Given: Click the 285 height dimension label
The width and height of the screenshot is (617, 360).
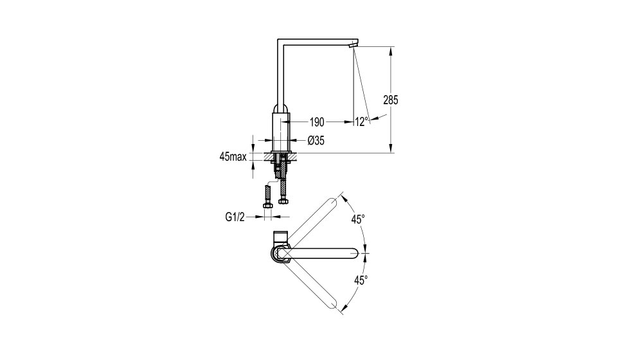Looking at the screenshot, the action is click(391, 100).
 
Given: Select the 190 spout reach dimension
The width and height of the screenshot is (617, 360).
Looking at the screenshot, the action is click(317, 122).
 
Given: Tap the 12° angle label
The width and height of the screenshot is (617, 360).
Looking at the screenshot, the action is click(362, 122).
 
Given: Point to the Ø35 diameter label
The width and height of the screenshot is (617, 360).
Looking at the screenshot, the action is click(316, 140).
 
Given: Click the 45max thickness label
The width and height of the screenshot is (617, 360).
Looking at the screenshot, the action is click(233, 157).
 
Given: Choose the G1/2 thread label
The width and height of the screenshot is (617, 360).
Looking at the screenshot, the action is click(235, 217).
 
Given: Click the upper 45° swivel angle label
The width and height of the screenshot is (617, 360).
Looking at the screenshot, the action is click(359, 219).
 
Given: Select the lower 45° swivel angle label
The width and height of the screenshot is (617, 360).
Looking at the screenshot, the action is click(361, 280).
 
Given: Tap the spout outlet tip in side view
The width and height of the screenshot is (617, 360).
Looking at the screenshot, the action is click(353, 46).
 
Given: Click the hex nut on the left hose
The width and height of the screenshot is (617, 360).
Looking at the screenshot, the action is click(267, 206).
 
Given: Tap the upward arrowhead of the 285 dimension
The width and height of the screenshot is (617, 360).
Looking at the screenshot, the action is click(391, 51).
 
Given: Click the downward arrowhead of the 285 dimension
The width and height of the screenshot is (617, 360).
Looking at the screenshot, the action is click(391, 148).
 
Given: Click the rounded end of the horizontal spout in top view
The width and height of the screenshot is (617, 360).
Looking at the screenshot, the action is click(353, 254).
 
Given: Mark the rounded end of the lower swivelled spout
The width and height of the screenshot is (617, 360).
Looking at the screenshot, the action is click(333, 305).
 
